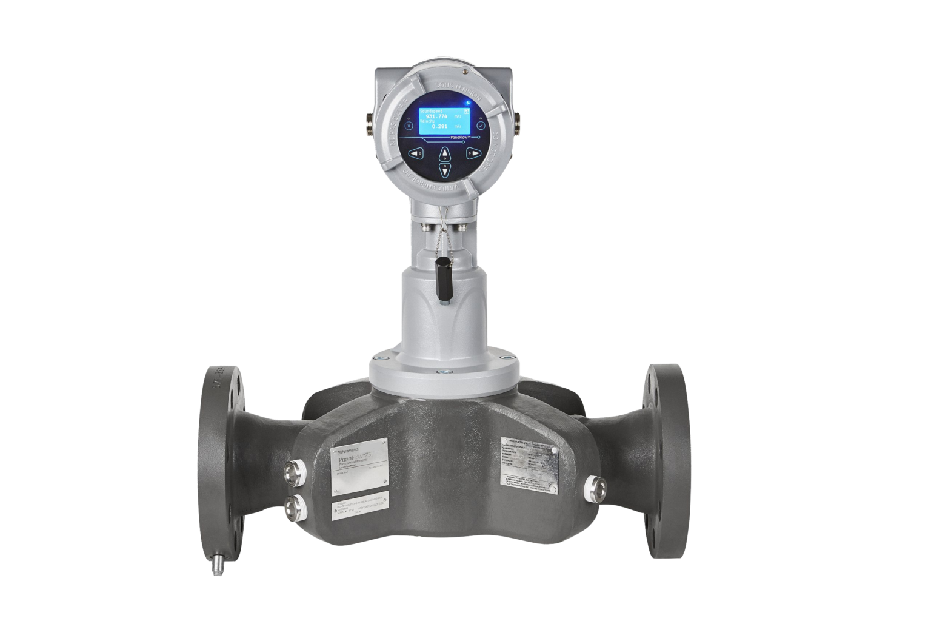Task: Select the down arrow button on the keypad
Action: [x=445, y=172]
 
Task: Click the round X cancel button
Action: [x=409, y=126]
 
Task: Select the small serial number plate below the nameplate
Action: [x=358, y=509]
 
